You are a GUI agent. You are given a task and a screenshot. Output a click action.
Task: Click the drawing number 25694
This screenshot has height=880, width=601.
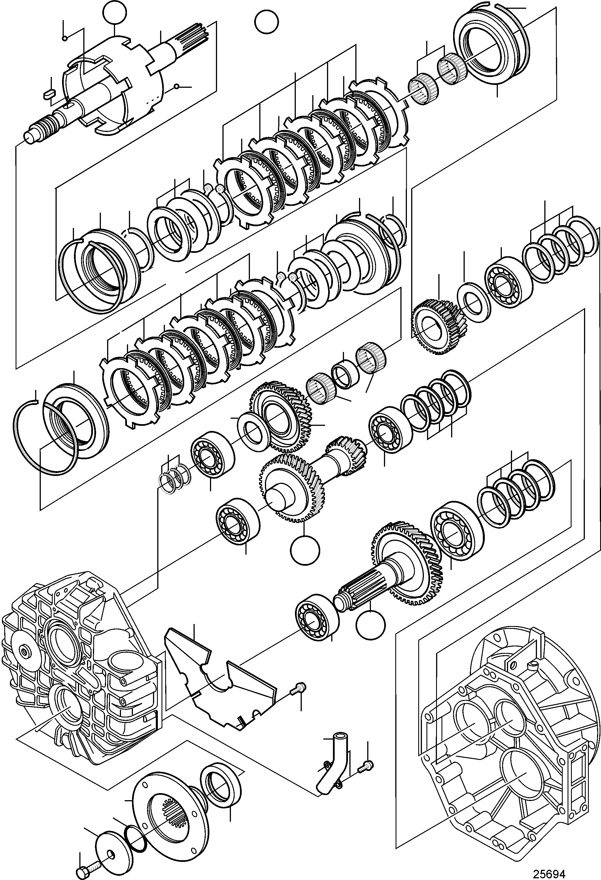pyautogui.click(x=549, y=871)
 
